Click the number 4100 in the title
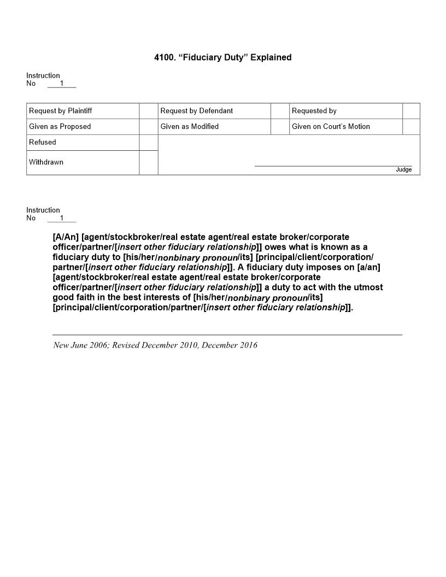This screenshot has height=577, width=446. [163, 57]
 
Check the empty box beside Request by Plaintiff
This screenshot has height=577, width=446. [149, 111]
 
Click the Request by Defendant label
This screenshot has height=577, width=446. [197, 111]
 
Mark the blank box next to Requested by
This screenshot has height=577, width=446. [411, 111]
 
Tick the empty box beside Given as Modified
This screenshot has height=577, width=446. [280, 127]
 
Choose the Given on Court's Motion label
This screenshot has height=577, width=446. [331, 127]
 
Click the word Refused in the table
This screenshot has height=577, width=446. [43, 142]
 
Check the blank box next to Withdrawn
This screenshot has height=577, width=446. [149, 162]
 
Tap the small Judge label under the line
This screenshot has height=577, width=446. [403, 170]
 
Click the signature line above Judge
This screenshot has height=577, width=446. [333, 166]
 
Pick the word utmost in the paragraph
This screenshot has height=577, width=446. [367, 287]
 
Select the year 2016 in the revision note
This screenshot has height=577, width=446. [246, 345]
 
